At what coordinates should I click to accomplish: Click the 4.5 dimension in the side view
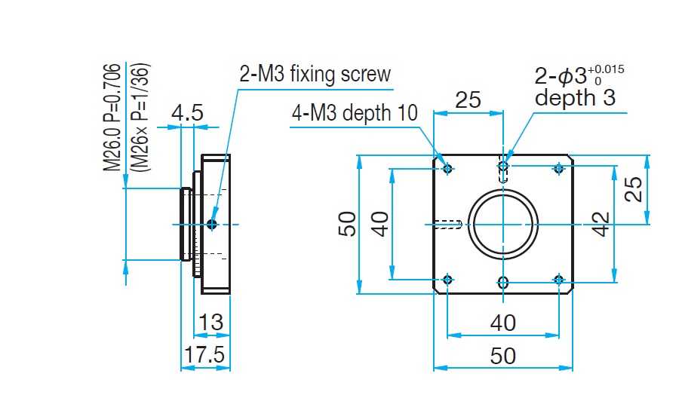click(x=186, y=114)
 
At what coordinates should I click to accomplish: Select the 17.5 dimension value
click(x=204, y=354)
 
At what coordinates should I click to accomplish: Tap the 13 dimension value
click(x=211, y=323)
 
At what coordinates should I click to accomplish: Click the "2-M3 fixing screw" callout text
click(x=315, y=74)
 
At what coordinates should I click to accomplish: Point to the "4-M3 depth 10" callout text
click(x=355, y=113)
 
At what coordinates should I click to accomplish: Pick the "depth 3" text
click(x=575, y=97)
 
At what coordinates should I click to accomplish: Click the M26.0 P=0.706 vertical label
click(x=112, y=117)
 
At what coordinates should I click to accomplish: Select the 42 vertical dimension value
click(x=601, y=224)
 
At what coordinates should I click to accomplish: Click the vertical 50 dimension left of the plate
click(x=347, y=224)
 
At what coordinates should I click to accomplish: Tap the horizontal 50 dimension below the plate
click(x=503, y=355)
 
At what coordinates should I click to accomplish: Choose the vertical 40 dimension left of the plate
click(x=380, y=224)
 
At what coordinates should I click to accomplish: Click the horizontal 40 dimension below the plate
click(x=503, y=323)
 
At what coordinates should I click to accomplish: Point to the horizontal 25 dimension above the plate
click(x=468, y=100)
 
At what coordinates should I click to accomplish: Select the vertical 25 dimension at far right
click(x=636, y=189)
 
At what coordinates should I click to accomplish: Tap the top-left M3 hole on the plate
click(x=449, y=168)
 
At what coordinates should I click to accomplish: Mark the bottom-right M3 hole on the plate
click(x=558, y=280)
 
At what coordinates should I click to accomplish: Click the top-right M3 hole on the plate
click(x=558, y=168)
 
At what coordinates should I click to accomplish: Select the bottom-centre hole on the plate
click(x=503, y=282)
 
